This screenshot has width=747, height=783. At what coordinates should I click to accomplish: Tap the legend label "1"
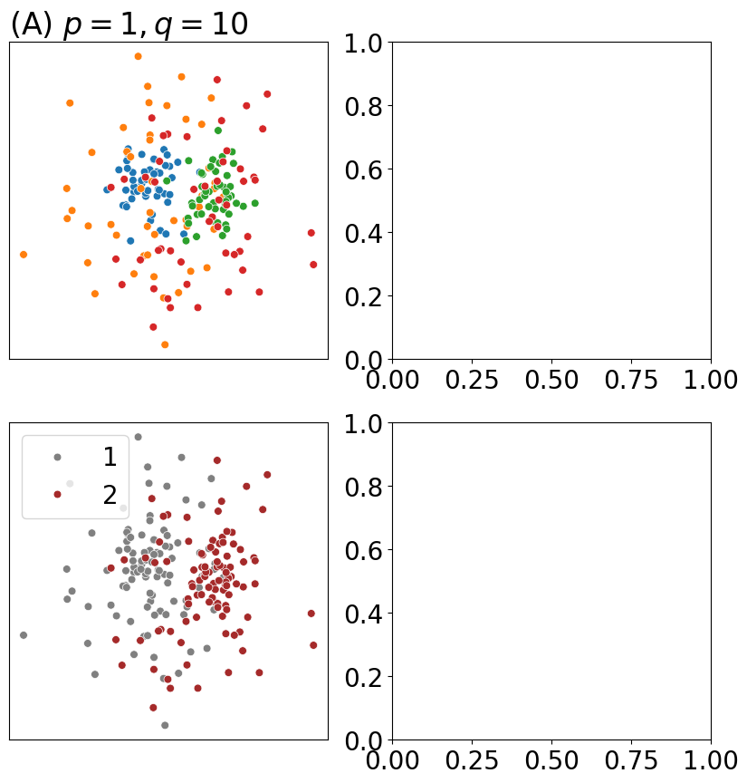click(x=110, y=458)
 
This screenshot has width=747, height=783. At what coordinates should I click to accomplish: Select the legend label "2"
click(x=110, y=495)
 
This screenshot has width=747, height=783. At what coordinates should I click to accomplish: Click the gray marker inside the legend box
click(x=57, y=458)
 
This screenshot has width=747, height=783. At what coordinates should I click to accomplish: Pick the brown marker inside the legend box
click(x=57, y=494)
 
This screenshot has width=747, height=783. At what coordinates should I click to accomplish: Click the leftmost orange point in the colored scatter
click(x=24, y=255)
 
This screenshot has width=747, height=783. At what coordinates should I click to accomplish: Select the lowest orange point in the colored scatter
click(x=165, y=344)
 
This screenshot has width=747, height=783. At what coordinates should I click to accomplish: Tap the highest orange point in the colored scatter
click(x=138, y=56)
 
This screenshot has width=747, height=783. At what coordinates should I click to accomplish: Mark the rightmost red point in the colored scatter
click(x=313, y=265)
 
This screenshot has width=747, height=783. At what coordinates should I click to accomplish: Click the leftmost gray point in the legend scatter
click(x=24, y=635)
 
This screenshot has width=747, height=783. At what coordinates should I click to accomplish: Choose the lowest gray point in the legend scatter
click(x=165, y=725)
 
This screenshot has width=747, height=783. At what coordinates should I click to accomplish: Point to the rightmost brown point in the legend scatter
click(x=313, y=645)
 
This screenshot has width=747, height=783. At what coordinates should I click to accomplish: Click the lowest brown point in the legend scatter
click(x=153, y=708)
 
